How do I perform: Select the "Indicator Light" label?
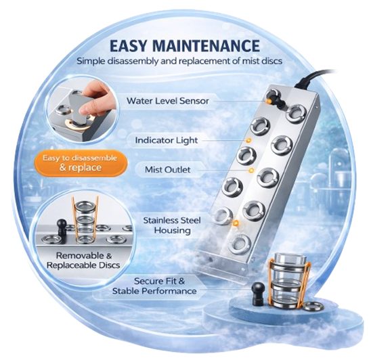pos(167,140)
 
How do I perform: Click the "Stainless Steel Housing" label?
pos(167,225)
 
